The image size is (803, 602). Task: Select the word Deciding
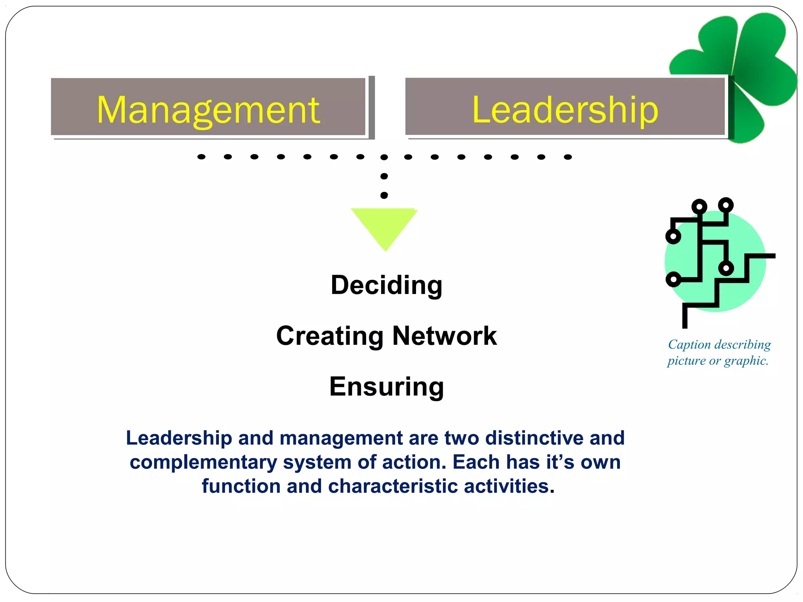(x=387, y=285)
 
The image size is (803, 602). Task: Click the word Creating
(x=330, y=336)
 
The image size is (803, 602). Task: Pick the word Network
(x=445, y=336)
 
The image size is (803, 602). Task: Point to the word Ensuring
(x=387, y=387)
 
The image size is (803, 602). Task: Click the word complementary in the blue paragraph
(x=203, y=462)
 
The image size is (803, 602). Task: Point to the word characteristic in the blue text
(x=393, y=486)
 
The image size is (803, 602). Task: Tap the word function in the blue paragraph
(x=241, y=486)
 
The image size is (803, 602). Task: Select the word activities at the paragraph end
(x=509, y=486)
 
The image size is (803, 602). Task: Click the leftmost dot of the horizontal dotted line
(x=202, y=157)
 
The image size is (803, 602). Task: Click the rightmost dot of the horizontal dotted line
(x=568, y=157)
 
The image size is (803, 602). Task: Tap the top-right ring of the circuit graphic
(x=726, y=205)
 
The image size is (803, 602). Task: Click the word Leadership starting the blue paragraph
(x=179, y=438)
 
